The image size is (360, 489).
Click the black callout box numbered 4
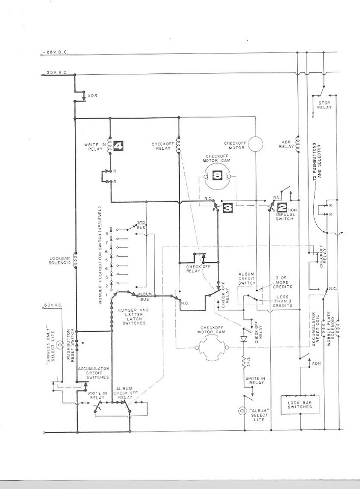[118, 147]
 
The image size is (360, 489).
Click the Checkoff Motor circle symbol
[255, 144]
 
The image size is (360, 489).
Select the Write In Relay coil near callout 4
[110, 147]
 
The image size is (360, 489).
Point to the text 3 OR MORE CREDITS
[284, 281]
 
